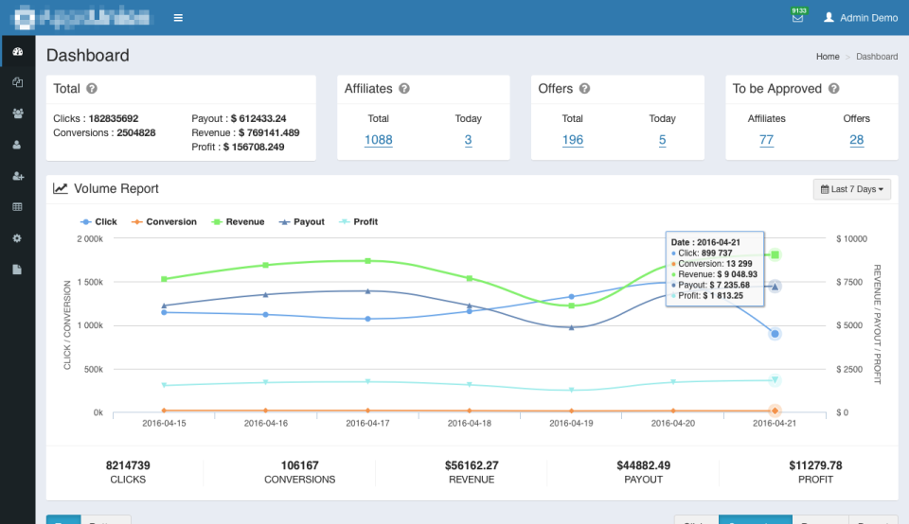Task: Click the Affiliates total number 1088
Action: coord(378,140)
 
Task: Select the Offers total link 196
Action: coord(572,140)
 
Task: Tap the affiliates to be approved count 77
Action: coord(766,140)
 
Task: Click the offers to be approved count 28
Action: coord(856,140)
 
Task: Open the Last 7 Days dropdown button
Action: coord(851,189)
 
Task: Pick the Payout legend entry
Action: coord(303,222)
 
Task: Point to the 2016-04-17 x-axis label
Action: coord(367,424)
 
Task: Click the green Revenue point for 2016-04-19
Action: coord(571,306)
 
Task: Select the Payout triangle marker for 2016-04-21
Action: coord(775,286)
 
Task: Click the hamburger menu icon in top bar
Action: coord(179,18)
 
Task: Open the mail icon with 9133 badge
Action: coord(797,18)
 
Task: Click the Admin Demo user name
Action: coord(867,18)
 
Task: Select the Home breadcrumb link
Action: coord(828,57)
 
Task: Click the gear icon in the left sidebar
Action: coord(17,238)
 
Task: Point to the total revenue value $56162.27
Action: coord(472,465)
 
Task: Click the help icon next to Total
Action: coord(92,89)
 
